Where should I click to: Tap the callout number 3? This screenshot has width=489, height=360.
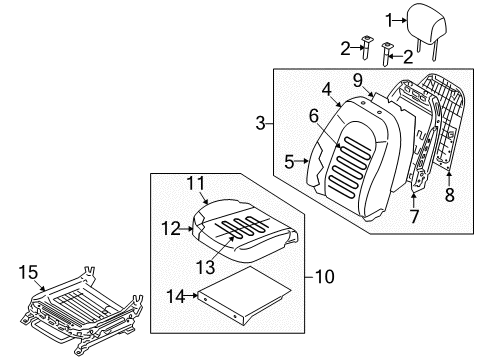(x=260, y=124)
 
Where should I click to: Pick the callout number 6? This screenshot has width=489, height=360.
(x=314, y=116)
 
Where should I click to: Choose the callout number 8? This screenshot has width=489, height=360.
(x=449, y=196)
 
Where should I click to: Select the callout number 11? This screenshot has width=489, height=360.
(x=197, y=183)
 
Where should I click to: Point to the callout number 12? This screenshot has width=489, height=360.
(x=170, y=229)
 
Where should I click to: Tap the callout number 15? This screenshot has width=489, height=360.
(x=28, y=270)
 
